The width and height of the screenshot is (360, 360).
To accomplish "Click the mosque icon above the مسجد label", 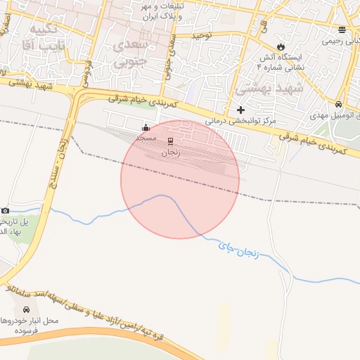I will click(146, 127).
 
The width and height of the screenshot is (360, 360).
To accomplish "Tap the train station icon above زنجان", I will click(170, 141).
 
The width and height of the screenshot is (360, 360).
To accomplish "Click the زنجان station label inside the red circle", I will click(170, 152).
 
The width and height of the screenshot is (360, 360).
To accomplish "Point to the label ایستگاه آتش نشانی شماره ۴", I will click(281, 60).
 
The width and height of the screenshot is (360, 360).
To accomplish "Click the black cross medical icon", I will click(241, 110).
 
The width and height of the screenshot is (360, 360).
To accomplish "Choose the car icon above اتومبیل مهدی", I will click(339, 102).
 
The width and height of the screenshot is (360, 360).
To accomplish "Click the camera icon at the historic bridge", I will click(6, 210).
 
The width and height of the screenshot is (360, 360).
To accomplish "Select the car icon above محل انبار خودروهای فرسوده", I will click(27, 309).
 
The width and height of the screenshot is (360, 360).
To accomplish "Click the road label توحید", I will click(202, 34).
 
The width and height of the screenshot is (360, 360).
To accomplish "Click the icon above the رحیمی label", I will click(342, 30).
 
